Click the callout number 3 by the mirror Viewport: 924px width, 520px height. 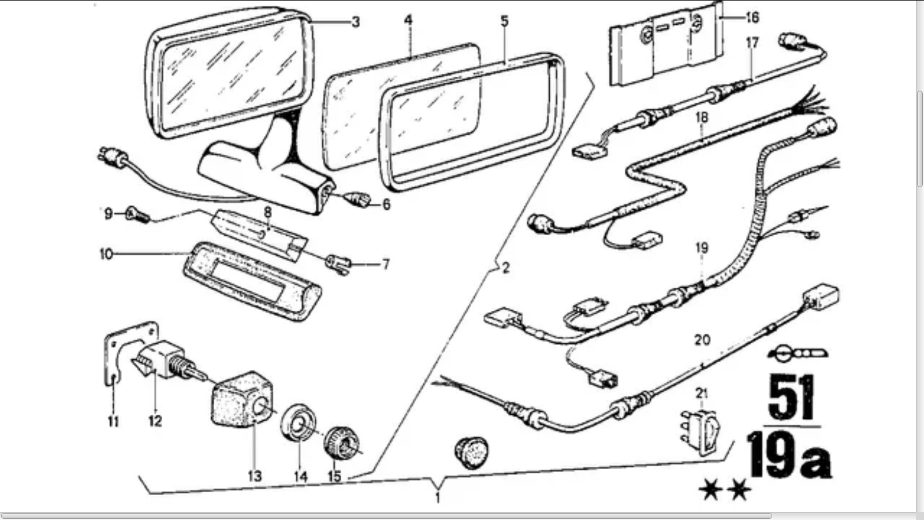[x=355, y=23]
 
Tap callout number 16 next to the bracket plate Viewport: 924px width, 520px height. [x=752, y=18]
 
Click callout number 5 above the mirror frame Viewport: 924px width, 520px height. [x=504, y=22]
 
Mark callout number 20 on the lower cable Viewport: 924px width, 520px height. [x=702, y=340]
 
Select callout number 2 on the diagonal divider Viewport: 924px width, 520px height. [x=505, y=268]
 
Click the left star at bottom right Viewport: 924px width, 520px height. [x=710, y=491]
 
